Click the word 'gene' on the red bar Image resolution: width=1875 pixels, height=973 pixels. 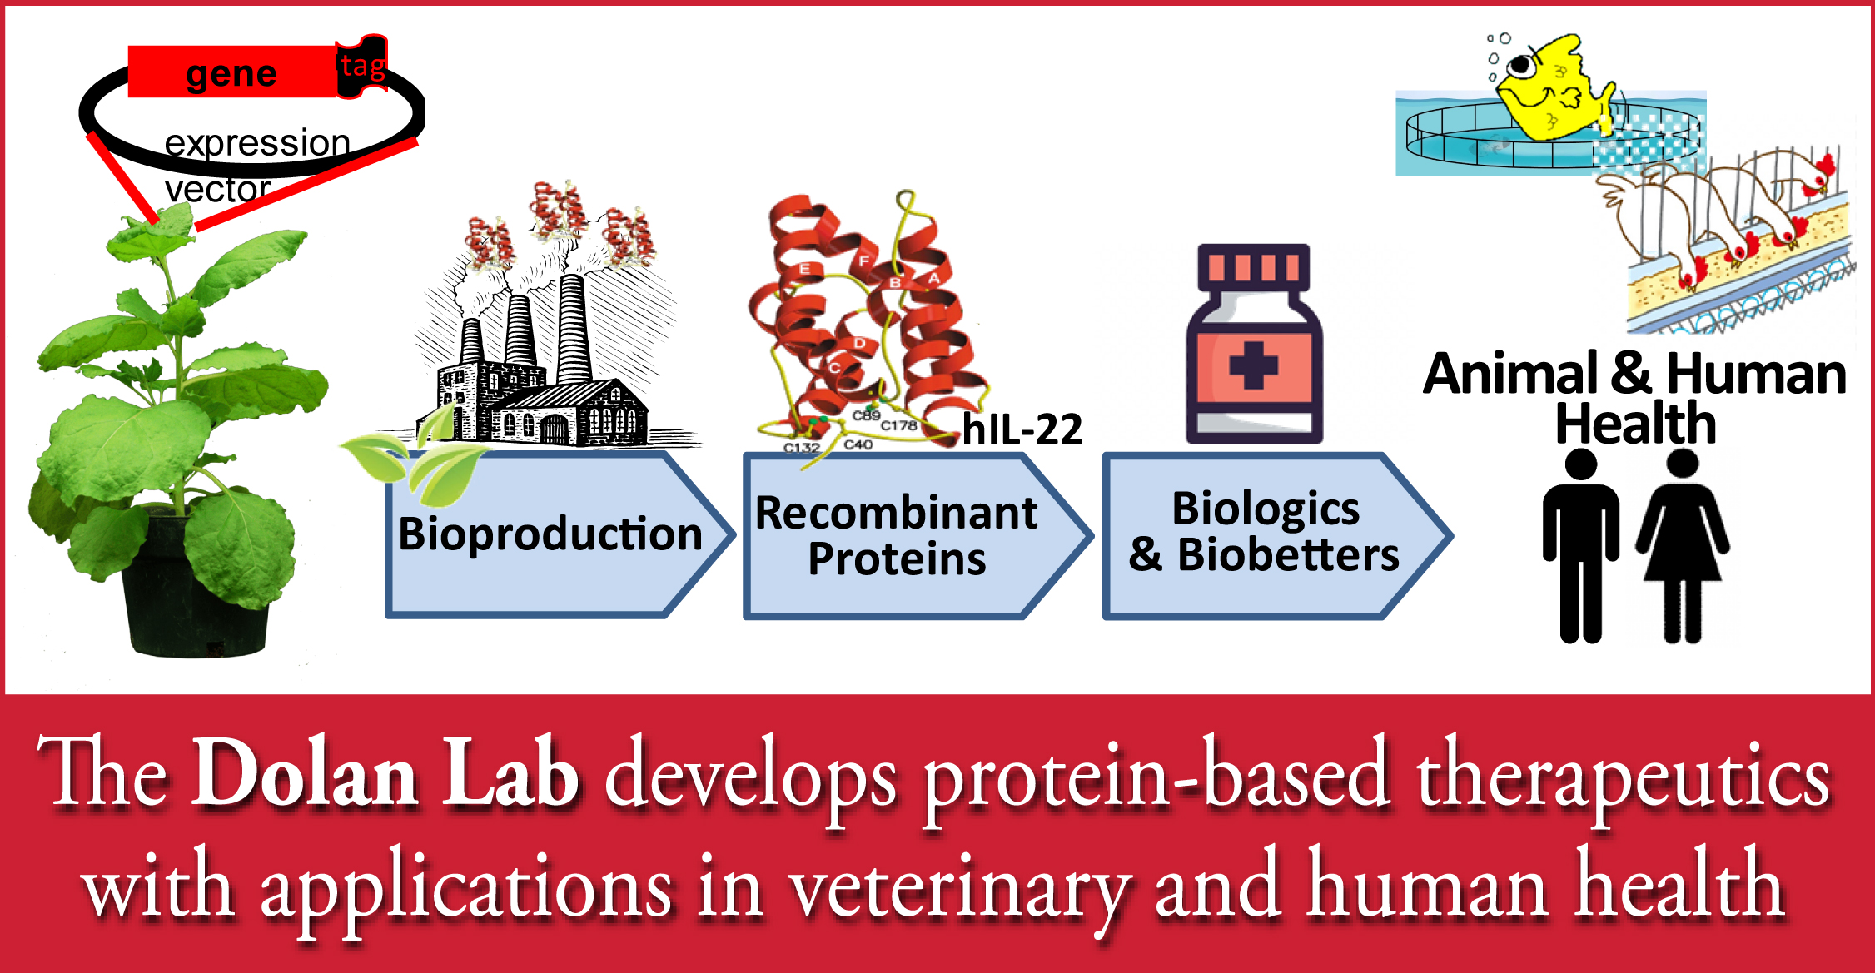(231, 75)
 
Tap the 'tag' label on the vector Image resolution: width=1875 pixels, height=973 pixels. (363, 66)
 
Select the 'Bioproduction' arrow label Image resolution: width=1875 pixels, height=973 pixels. (550, 534)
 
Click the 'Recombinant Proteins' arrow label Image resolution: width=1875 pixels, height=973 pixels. (897, 535)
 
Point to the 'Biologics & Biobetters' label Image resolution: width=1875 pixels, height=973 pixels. (1264, 531)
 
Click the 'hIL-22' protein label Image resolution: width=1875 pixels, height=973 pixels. (1022, 430)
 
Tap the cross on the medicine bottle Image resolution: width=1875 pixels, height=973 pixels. (1253, 365)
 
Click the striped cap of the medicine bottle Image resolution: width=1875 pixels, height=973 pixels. (1254, 266)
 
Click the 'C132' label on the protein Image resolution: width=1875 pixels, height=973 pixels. (802, 448)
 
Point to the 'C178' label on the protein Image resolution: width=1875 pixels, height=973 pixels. (899, 425)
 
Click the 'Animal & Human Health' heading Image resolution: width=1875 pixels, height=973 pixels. (1635, 397)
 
